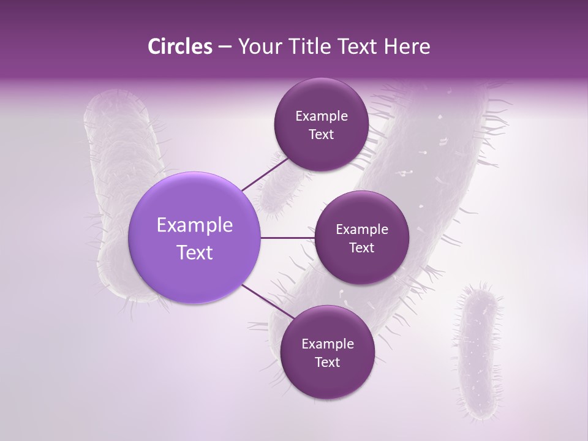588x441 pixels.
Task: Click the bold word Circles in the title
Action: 179,47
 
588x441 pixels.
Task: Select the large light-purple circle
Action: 194,238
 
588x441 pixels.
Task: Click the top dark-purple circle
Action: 321,124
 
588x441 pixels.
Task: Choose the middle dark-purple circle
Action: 361,238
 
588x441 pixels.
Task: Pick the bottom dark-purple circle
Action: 327,352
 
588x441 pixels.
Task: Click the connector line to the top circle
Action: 265,174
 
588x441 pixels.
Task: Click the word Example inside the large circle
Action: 195,225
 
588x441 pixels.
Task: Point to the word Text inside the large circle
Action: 195,252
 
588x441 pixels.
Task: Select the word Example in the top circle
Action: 322,116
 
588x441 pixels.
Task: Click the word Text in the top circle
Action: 321,135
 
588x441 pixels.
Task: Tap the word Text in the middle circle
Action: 361,247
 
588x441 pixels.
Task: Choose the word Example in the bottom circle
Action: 328,344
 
